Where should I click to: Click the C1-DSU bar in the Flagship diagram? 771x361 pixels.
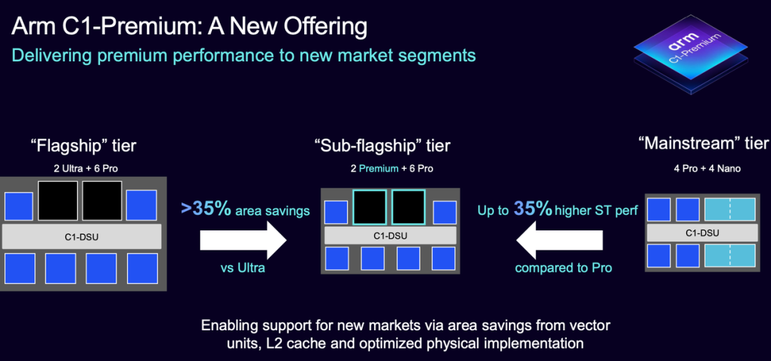click(x=81, y=238)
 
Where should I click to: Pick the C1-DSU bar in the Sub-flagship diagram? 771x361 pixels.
click(x=390, y=235)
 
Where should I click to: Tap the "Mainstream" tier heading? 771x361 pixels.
click(x=702, y=143)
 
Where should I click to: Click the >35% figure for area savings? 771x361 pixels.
click(x=206, y=209)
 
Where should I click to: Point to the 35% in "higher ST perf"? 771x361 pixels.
click(x=533, y=209)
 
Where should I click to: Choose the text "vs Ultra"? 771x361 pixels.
click(x=243, y=268)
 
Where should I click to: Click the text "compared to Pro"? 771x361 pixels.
click(x=564, y=268)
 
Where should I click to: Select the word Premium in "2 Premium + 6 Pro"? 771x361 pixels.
click(x=378, y=168)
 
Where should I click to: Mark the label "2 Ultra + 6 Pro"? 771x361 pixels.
click(x=86, y=168)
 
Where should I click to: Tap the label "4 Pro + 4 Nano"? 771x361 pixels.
click(x=707, y=168)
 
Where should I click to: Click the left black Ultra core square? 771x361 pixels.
click(x=58, y=200)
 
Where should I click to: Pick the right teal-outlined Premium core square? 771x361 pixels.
click(x=408, y=208)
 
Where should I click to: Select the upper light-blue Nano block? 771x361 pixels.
click(x=730, y=209)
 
